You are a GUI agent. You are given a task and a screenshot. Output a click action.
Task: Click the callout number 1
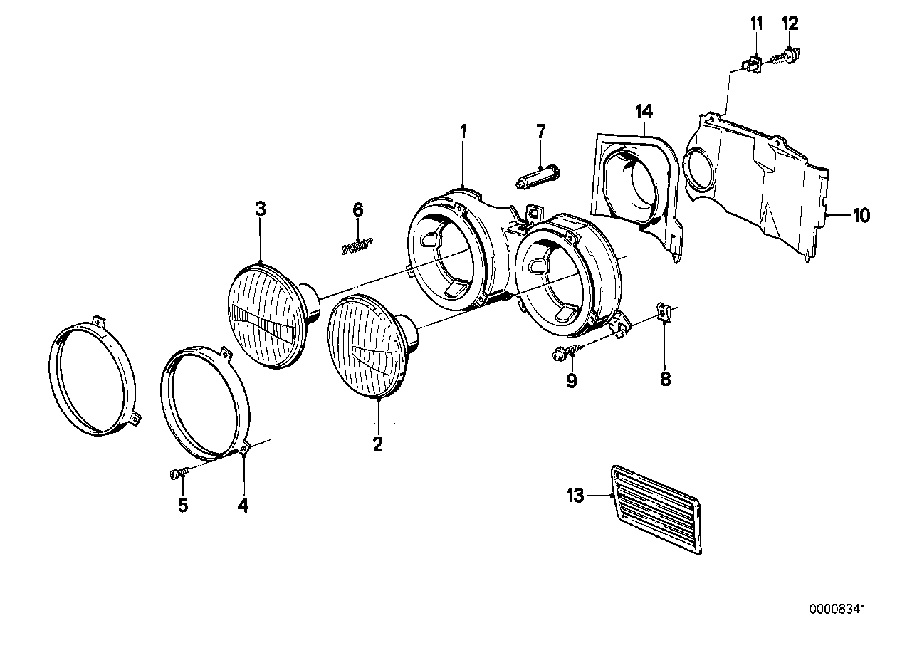463,131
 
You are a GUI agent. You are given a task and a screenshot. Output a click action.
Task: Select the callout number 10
861,214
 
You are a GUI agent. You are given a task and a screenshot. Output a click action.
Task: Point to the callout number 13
576,495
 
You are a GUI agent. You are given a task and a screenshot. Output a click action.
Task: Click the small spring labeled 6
357,246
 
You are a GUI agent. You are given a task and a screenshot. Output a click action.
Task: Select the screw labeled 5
179,471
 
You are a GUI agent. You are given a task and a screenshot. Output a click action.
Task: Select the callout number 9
571,380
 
